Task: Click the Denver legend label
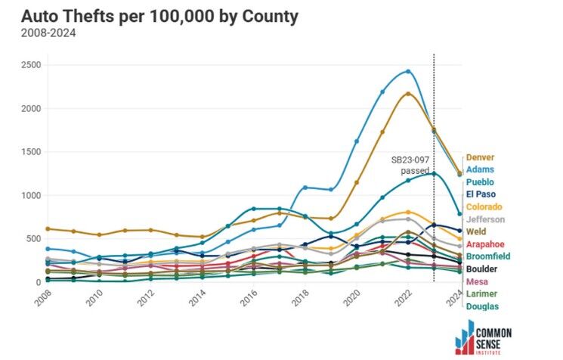coord(480,158)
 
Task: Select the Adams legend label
coord(480,170)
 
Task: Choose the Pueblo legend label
coord(481,182)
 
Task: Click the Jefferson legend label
coord(485,219)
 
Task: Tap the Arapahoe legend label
coord(486,244)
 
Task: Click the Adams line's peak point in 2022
coord(408,71)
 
